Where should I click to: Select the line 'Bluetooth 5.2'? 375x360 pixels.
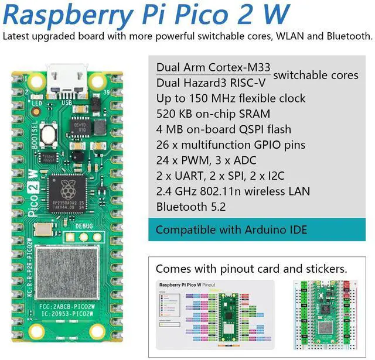pos(190,207)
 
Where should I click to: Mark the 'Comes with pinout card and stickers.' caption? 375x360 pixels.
pos(251,269)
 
